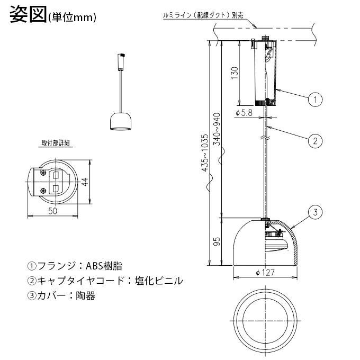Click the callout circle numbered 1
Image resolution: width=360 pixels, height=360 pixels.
click(x=315, y=99)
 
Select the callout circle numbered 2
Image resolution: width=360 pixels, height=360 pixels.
click(x=315, y=140)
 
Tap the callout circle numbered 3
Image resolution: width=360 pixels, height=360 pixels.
click(x=315, y=212)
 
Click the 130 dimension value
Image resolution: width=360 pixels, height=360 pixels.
click(x=235, y=73)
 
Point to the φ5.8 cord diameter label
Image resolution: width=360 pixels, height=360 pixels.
click(x=244, y=112)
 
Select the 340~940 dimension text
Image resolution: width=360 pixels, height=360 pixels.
click(x=217, y=129)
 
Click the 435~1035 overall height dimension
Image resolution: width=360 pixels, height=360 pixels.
click(x=205, y=152)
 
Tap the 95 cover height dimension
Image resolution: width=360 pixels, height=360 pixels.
click(x=217, y=241)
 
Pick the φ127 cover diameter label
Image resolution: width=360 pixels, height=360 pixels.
click(x=265, y=273)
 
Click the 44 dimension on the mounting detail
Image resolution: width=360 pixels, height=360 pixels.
click(x=85, y=182)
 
